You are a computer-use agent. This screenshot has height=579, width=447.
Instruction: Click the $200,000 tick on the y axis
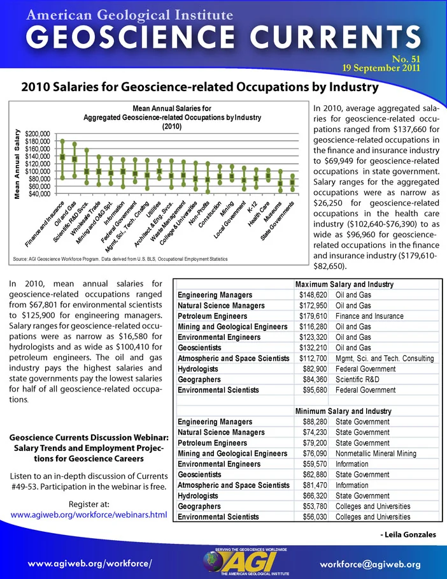pos(37,134)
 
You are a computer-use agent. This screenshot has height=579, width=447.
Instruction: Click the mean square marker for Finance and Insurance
pos(62,157)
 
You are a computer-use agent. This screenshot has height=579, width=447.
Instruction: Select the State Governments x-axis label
pos(278,221)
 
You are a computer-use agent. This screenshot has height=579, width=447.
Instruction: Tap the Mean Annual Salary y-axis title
pos(17,164)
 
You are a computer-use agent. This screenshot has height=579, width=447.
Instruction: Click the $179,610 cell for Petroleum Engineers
pos(313,316)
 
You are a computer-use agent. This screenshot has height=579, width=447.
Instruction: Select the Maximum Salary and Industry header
pos(344,284)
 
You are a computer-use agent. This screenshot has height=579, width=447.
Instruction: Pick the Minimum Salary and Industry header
pos(343,411)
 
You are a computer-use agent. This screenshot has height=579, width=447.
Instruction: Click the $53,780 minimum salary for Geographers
pos(315,506)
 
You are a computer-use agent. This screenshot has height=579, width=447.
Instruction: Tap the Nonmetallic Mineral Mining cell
pos(376,453)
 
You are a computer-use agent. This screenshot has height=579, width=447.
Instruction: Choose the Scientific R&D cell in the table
pos(357,379)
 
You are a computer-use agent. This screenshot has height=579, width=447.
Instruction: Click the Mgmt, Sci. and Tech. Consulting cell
pos(385,358)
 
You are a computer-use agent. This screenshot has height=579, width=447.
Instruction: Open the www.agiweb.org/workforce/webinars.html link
pos(89,515)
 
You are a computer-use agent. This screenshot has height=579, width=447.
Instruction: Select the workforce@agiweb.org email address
pos(370,564)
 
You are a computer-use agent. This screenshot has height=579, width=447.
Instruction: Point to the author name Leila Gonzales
pos(408,535)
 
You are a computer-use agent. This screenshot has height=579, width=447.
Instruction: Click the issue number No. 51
pos(406,59)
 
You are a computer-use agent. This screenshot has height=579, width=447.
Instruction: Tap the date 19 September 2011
pos(381,68)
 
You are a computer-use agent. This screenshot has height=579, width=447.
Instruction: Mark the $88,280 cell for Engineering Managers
pos(315,421)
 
